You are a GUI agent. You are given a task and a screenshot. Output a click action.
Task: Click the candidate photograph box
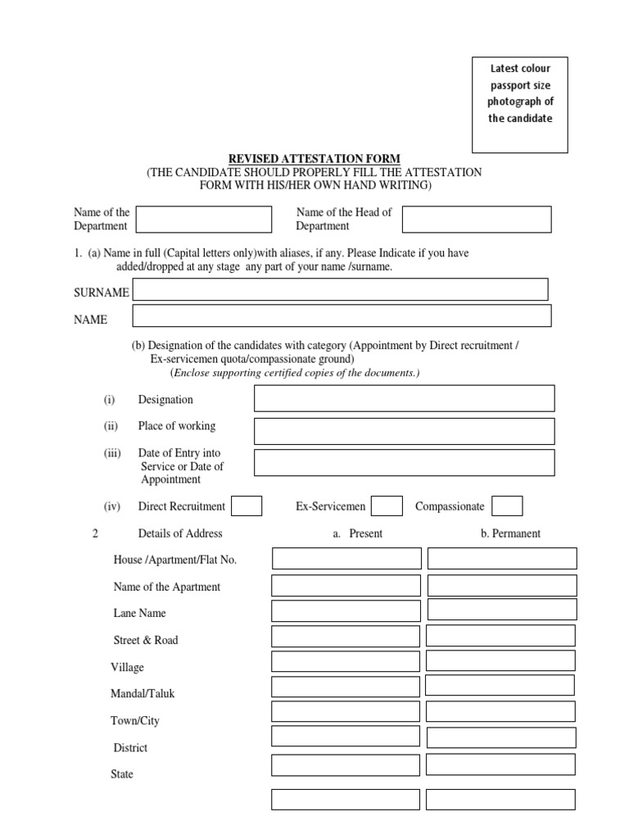tap(520, 105)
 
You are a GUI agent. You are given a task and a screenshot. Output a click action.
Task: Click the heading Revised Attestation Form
tap(314, 159)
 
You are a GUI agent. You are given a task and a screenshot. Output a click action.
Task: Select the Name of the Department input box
tap(204, 219)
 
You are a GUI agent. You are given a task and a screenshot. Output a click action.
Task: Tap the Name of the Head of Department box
tap(477, 219)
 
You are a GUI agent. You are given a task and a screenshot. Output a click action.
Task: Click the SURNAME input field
tap(340, 289)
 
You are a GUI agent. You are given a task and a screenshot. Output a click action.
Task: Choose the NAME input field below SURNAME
tap(342, 315)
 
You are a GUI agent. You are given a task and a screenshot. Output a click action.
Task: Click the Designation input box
tap(404, 398)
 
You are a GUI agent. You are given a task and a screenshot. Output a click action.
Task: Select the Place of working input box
tap(404, 431)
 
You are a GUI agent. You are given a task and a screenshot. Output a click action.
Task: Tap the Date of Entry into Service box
tap(404, 462)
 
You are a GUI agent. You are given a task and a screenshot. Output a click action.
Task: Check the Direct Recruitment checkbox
tap(247, 506)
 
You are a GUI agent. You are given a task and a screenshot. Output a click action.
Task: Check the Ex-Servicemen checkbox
tap(387, 506)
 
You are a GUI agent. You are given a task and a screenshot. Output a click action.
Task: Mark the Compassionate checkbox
tap(508, 506)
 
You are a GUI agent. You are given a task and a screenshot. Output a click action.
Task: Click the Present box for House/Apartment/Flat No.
tap(346, 559)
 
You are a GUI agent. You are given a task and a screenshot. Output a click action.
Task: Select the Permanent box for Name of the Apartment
tap(502, 585)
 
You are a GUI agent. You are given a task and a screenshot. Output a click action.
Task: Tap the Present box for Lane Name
tap(346, 611)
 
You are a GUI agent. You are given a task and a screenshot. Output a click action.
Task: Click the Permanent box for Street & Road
tap(500, 635)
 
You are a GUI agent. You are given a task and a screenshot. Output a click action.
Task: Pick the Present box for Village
tap(346, 661)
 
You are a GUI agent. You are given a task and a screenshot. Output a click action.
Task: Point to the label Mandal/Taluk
tap(143, 694)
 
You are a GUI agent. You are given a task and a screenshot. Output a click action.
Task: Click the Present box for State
tap(346, 765)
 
